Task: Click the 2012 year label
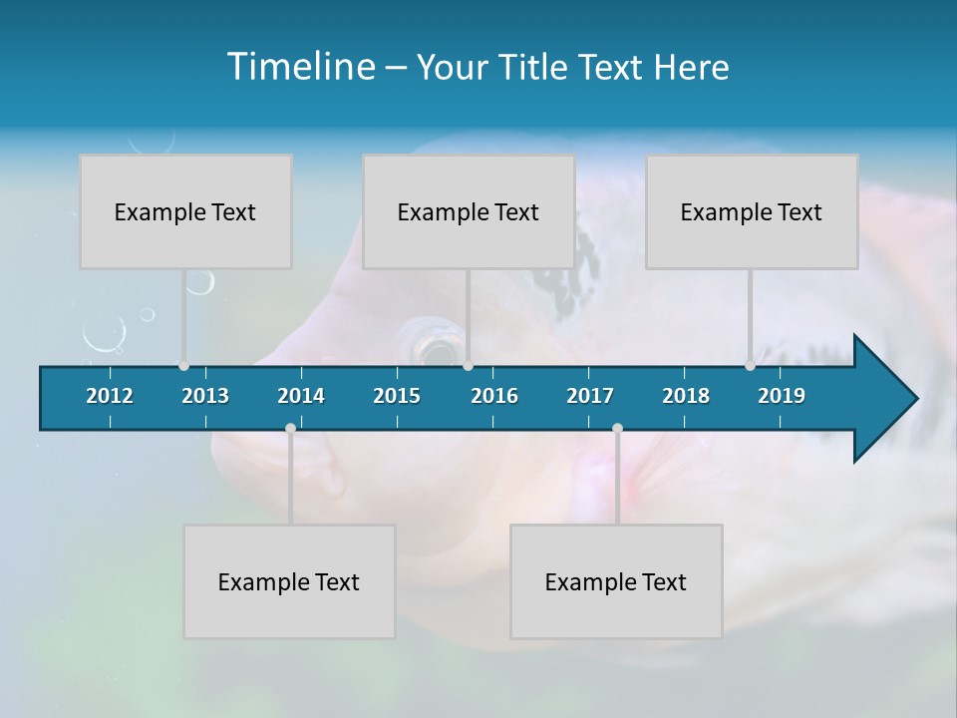[x=110, y=396]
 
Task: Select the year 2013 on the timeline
[x=205, y=396]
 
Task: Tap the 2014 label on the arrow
[x=301, y=396]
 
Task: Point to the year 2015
[x=397, y=396]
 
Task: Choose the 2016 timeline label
[x=494, y=396]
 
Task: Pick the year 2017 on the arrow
[x=590, y=396]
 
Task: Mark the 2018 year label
[x=686, y=396]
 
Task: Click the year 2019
[x=782, y=396]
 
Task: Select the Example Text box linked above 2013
[x=185, y=211]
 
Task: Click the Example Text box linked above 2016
[x=469, y=211]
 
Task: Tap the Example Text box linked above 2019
[x=752, y=211]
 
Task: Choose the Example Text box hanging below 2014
[x=289, y=581]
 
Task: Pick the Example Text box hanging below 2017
[x=616, y=581]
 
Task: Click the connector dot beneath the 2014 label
[x=290, y=428]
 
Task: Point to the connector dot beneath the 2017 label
[x=617, y=428]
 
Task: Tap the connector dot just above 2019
[x=750, y=366]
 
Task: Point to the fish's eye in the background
[x=436, y=348]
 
